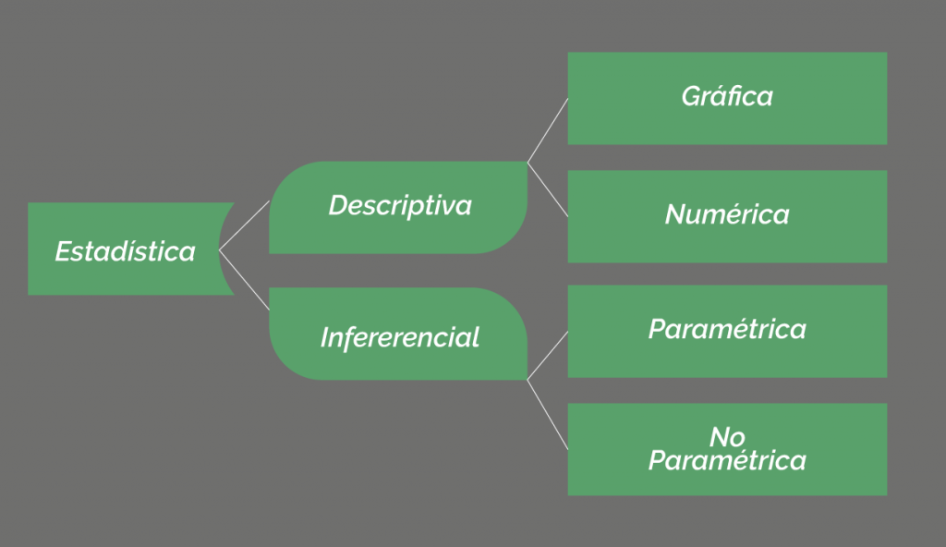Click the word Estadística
tap(126, 251)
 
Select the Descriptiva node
tap(398, 207)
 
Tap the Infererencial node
tap(398, 334)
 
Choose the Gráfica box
tap(727, 99)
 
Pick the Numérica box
tap(727, 216)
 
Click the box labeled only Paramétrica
tap(727, 332)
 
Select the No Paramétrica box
tap(727, 449)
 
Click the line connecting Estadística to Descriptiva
tap(244, 225)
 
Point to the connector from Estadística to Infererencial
tap(244, 280)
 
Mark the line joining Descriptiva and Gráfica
tap(548, 130)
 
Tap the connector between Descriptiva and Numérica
tap(548, 189)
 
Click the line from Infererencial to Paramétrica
tap(548, 356)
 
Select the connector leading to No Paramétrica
tap(548, 415)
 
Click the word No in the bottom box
tap(727, 437)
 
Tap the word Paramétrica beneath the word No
tap(727, 461)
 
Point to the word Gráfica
tap(727, 97)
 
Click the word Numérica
tap(727, 214)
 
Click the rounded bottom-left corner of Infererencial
tap(283, 366)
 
